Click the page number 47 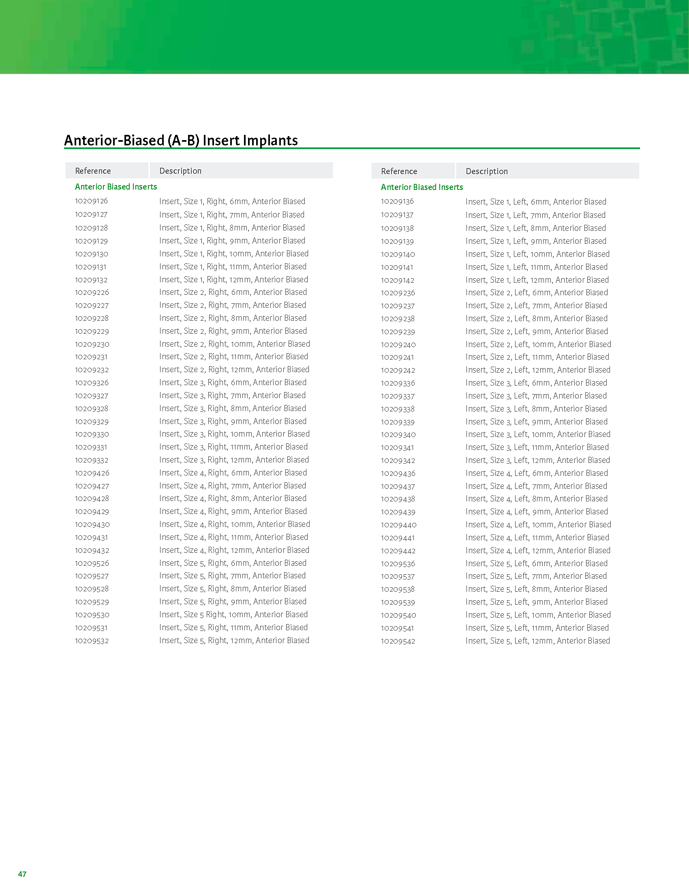22,874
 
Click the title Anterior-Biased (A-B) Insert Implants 181,141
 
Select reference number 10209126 92,201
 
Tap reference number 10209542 398,642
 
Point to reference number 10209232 92,370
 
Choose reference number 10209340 398,435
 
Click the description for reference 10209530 233,615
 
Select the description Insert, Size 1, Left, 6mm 536,202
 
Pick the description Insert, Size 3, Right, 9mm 233,422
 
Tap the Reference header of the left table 93,171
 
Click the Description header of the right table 486,171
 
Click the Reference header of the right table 399,171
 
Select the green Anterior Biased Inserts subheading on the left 116,187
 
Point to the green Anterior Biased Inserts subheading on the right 422,187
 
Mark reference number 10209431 92,538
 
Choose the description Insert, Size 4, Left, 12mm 538,551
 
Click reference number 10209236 398,293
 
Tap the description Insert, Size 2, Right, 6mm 233,292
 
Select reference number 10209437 398,486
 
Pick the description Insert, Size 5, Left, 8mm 536,589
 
